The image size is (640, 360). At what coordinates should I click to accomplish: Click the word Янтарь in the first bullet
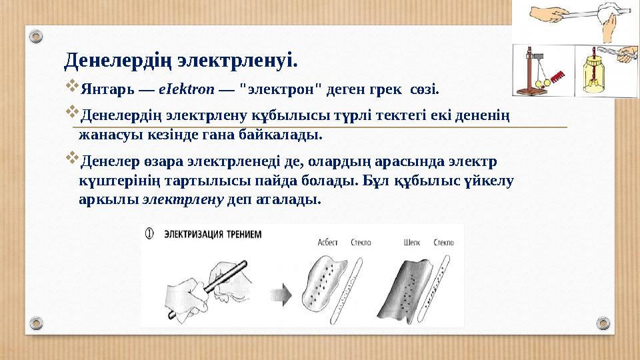(105, 89)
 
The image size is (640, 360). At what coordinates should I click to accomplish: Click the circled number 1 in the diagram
(151, 234)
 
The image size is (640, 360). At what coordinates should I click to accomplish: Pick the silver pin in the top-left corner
(37, 35)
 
